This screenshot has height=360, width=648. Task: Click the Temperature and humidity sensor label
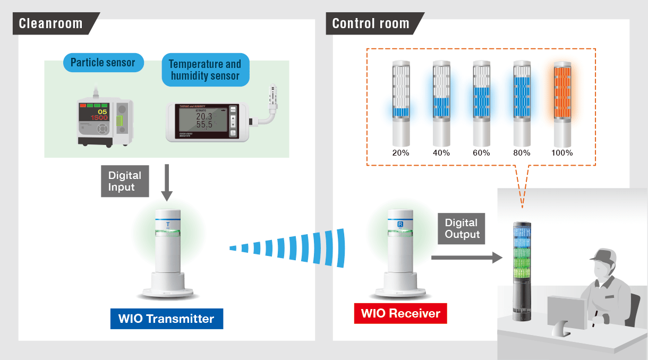(x=205, y=70)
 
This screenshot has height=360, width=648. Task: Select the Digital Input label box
(x=125, y=181)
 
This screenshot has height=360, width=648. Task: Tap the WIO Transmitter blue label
(x=166, y=319)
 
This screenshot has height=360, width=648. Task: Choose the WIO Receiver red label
(x=400, y=313)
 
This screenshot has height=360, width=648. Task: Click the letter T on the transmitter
(x=168, y=225)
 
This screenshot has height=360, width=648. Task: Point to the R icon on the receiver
(x=400, y=225)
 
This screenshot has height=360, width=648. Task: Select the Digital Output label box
(x=462, y=229)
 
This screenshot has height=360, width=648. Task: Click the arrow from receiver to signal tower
(x=466, y=258)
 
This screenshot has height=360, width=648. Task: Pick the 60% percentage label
(x=481, y=153)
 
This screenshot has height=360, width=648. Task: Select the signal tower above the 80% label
(x=522, y=104)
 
